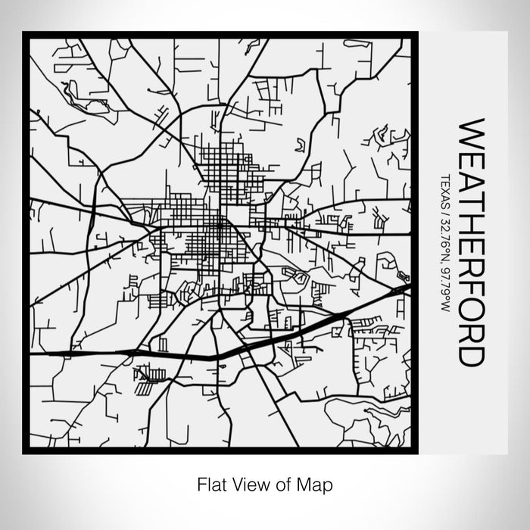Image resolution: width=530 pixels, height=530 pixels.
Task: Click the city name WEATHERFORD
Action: (x=470, y=242)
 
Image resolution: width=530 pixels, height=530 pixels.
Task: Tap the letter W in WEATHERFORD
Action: (x=470, y=132)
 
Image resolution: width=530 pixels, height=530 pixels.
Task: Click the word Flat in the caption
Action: (x=210, y=482)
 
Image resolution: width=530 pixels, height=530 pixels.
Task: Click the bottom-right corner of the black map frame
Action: (x=416, y=452)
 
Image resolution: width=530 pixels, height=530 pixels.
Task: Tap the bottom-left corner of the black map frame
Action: (x=25, y=452)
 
